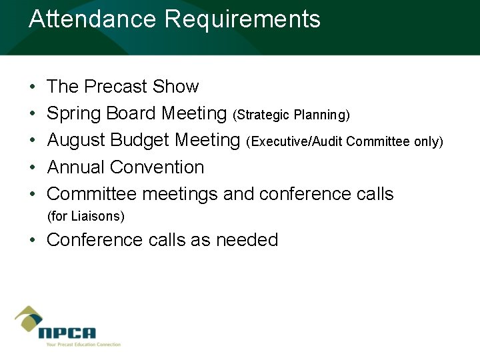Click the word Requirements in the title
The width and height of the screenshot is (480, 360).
click(243, 19)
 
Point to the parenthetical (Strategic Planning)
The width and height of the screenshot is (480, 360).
click(291, 115)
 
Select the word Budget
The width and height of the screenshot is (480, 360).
click(140, 141)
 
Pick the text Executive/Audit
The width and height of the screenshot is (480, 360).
click(297, 142)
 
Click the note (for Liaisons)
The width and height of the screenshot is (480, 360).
click(86, 217)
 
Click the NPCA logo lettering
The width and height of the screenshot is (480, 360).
click(67, 333)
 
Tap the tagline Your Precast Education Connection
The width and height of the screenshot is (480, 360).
click(83, 345)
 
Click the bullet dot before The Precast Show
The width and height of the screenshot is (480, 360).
click(33, 87)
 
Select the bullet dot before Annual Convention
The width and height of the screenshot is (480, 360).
click(33, 168)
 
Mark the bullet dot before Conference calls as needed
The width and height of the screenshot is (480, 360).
click(33, 241)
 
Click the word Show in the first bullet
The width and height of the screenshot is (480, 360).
click(175, 87)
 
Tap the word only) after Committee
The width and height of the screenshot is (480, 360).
click(429, 142)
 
